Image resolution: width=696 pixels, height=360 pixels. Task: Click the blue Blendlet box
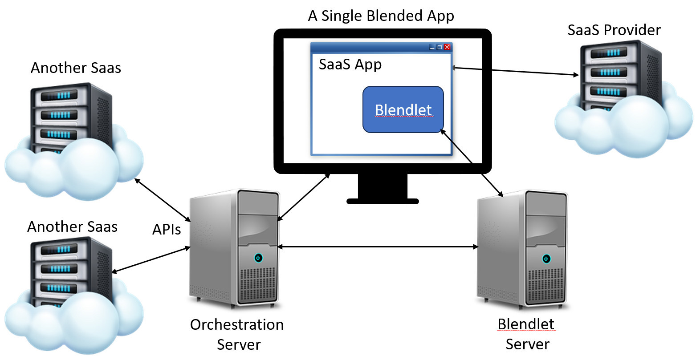403,109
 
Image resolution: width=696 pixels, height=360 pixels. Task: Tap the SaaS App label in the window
350,65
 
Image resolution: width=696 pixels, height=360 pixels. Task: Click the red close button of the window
447,47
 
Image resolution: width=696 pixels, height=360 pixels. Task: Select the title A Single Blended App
381,16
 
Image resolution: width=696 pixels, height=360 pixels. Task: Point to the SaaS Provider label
614,30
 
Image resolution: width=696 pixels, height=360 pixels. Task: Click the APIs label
167,230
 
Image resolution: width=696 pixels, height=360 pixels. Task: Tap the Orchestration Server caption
237,334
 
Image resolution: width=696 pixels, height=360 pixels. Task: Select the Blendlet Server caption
526,334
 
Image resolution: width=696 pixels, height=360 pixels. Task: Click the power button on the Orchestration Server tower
258,258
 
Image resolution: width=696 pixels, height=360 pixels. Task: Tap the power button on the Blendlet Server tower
546,259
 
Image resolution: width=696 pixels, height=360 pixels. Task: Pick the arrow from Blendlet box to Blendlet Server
472,162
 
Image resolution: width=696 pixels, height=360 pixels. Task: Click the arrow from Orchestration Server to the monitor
304,197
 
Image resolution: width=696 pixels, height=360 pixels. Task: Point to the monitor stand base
383,201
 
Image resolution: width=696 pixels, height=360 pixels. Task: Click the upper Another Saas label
76,68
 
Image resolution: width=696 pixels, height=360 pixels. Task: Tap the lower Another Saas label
72,227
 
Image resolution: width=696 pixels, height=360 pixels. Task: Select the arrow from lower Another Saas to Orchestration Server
151,260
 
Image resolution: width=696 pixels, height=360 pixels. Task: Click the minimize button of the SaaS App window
431,47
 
